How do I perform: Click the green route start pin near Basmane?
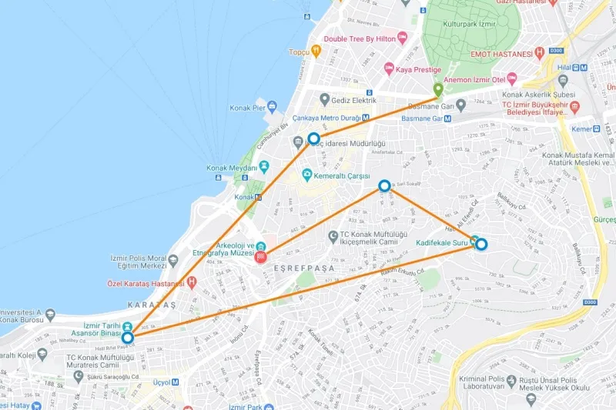(438, 90)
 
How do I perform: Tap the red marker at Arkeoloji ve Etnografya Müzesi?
(262, 256)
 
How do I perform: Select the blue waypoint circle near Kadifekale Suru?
(481, 245)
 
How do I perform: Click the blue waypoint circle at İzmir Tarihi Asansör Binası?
(127, 337)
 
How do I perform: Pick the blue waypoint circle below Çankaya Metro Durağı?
(313, 139)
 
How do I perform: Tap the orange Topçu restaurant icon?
(316, 52)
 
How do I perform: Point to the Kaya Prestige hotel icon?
(389, 68)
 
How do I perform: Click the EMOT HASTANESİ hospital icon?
(540, 52)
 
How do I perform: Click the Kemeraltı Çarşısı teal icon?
(306, 175)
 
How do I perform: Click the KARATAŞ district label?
(149, 305)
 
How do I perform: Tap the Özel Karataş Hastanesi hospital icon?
(191, 283)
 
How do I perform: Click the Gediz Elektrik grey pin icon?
(325, 100)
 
